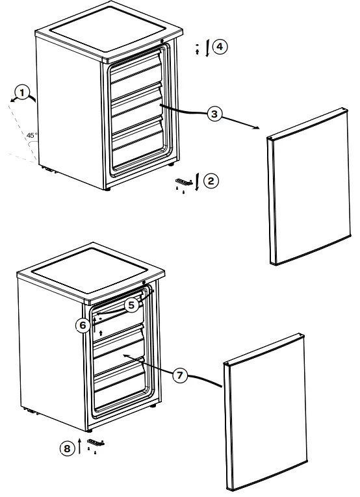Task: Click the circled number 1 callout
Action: [23, 94]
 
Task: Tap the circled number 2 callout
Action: [211, 181]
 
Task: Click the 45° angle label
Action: [31, 135]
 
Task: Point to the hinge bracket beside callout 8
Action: [96, 442]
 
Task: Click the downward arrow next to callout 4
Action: [207, 48]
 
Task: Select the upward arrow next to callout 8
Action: [79, 446]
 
